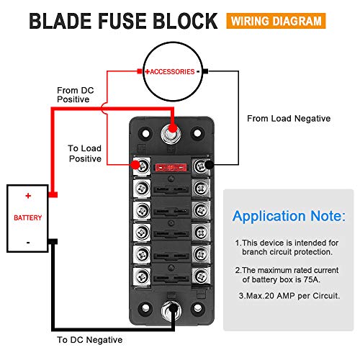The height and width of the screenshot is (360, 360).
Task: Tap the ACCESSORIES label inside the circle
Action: (172, 72)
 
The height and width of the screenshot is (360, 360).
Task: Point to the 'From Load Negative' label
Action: (288, 118)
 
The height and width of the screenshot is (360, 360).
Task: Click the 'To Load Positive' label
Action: (85, 153)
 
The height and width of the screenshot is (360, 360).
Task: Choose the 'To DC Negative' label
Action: (89, 339)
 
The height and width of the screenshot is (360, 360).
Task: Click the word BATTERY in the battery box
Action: (28, 217)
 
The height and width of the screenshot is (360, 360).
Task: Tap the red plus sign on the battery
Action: (28, 196)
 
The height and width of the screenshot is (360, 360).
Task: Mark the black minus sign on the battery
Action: (28, 243)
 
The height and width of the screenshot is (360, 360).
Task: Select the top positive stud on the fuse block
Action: (172, 132)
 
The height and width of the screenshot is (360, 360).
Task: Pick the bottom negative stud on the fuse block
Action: (172, 312)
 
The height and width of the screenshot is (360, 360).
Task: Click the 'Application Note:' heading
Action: (288, 216)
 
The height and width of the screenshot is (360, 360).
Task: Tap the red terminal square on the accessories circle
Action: (140, 72)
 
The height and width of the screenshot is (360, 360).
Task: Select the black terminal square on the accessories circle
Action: (205, 72)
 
